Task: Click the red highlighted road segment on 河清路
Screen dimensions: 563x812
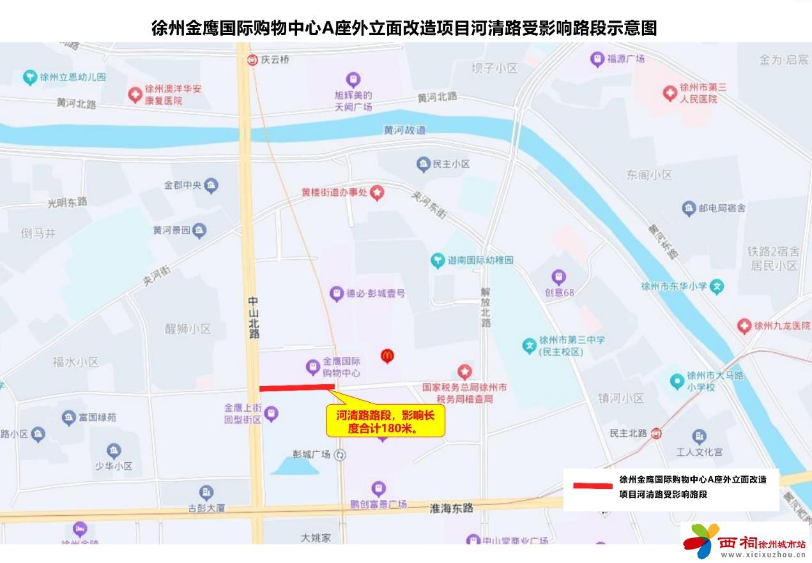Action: tap(297, 387)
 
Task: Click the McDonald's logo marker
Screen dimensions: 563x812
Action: tap(387, 356)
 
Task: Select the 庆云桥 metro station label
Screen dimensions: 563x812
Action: tap(275, 59)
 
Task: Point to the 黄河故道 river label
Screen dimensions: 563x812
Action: tap(404, 130)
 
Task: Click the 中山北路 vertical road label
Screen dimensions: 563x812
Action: tap(254, 316)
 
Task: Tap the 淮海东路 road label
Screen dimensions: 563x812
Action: tap(452, 508)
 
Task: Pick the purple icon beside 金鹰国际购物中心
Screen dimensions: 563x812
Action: tap(312, 366)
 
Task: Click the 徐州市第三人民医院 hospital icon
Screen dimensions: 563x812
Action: tap(670, 93)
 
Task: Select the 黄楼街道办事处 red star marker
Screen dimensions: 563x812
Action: tap(378, 191)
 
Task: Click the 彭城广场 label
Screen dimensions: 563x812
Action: tap(311, 454)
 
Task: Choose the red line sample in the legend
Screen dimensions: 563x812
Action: tap(592, 486)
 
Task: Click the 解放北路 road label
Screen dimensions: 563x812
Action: tap(486, 307)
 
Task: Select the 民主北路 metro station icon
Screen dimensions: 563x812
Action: tap(656, 433)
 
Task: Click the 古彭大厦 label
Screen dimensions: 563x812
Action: tap(206, 508)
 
